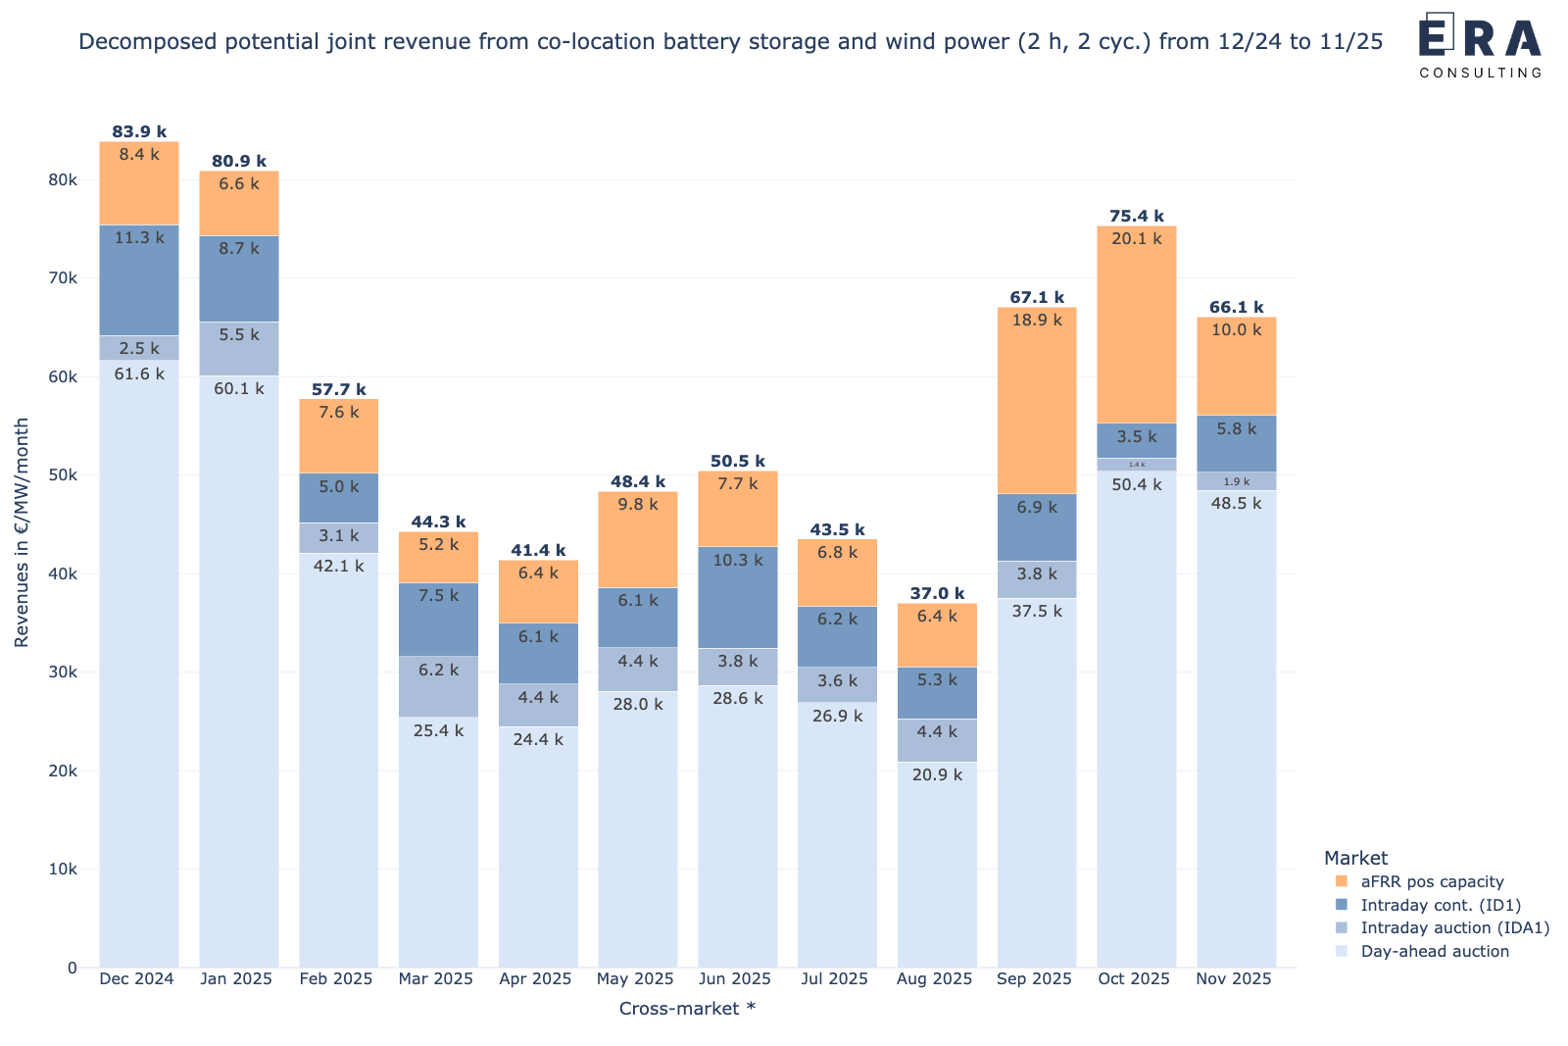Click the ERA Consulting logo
[x=1480, y=44]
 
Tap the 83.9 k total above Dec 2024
[x=139, y=131]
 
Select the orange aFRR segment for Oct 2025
[x=1136, y=324]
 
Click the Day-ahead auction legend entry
[x=1435, y=951]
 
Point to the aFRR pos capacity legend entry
[x=1432, y=881]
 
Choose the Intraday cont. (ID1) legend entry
[x=1441, y=905]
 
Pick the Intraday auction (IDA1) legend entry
[x=1454, y=927]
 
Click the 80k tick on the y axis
[x=63, y=179]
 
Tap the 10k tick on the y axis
[x=63, y=869]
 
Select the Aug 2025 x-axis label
[x=936, y=978]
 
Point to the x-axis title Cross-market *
[x=687, y=1008]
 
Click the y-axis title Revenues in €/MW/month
[x=22, y=532]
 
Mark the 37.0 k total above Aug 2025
[x=937, y=593]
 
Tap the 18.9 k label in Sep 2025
[x=1037, y=320]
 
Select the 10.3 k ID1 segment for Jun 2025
[x=737, y=597]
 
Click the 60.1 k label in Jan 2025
[x=239, y=388]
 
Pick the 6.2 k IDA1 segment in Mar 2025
[x=438, y=686]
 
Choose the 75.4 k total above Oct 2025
[x=1137, y=216]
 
